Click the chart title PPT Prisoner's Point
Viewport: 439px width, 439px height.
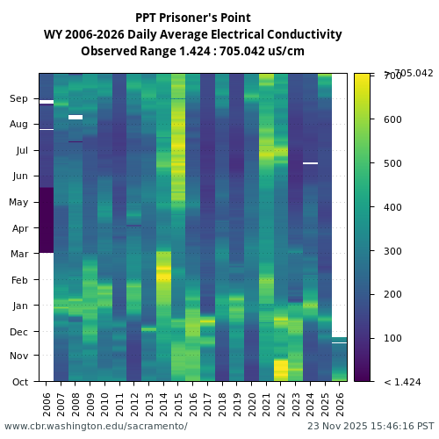point(192,18)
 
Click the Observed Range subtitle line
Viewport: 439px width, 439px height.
point(192,51)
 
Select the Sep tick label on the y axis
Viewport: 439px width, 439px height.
point(19,99)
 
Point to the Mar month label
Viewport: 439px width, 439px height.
point(19,255)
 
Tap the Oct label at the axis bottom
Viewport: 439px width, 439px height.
point(19,382)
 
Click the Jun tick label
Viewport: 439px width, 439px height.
point(19,176)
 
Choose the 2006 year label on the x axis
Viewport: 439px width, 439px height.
point(47,404)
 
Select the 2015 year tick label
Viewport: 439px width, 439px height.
point(178,404)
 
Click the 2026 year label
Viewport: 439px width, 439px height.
point(339,404)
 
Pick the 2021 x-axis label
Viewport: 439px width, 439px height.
point(266,404)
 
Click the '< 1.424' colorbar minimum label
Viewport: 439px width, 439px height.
point(403,382)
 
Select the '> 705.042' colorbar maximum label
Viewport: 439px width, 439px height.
point(408,73)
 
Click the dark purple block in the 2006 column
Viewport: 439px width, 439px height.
point(47,219)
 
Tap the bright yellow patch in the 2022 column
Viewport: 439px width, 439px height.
point(281,370)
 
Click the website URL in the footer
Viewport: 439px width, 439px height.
point(96,426)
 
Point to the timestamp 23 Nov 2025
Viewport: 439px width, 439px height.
point(364,426)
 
